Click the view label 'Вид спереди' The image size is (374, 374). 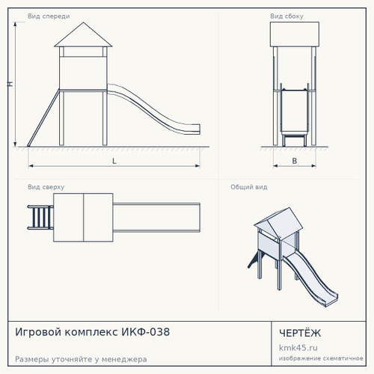coord(49,16)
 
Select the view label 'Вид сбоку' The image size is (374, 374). coord(286,16)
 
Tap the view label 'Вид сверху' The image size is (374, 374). coord(46,187)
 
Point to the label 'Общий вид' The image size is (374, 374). coord(249,187)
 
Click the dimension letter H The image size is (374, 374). coord(10,84)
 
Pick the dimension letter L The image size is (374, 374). coord(114,161)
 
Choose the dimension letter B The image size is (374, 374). coord(295,161)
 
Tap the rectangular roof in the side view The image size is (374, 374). coord(295,34)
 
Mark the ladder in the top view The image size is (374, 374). coord(40,217)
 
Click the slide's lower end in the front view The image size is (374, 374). coord(195,129)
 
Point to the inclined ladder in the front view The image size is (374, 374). coord(43,117)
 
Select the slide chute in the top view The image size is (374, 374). coord(156,218)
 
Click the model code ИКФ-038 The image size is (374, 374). coord(146,332)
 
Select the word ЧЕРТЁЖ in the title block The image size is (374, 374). coord(300,333)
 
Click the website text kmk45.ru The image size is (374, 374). coord(298,348)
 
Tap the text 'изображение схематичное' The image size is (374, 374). coord(321,358)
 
